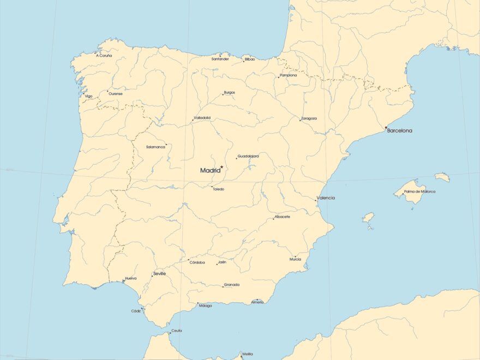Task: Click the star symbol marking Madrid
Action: point(222,167)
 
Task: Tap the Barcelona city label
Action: point(400,131)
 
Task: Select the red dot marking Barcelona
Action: point(386,128)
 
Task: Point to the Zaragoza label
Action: point(309,118)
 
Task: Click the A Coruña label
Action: point(104,56)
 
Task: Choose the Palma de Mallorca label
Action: point(419,191)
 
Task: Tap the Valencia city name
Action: point(326,198)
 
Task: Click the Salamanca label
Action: point(155,147)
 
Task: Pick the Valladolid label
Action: point(202,118)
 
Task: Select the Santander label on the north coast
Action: point(220,59)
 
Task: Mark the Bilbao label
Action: point(250,59)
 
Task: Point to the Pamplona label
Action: point(288,75)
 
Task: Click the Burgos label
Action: point(230,93)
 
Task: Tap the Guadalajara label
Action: point(248,156)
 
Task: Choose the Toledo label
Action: point(218,189)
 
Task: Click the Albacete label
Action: point(283,217)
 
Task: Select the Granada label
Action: point(232,284)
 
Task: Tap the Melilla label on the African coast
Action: point(248,354)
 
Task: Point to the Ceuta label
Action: point(177,331)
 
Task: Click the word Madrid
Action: point(210,170)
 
